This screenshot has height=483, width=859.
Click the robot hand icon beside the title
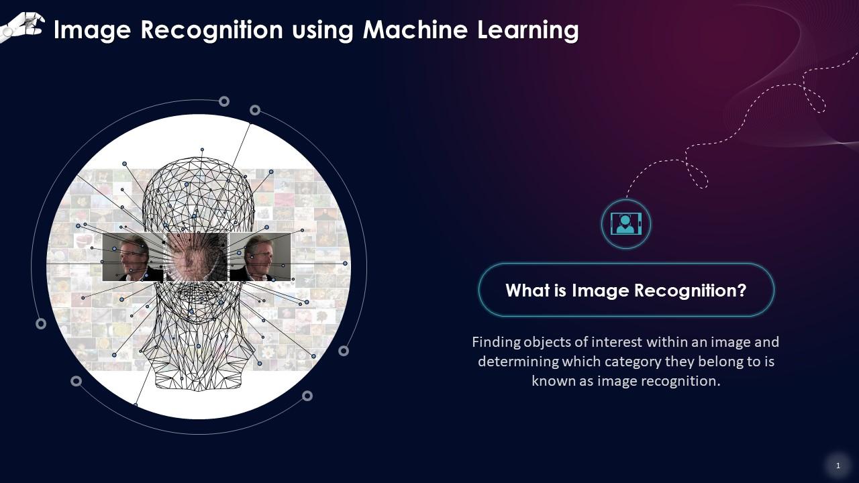pos(23,27)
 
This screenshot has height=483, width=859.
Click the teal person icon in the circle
pos(626,223)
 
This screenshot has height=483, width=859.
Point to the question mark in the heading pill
pos(742,290)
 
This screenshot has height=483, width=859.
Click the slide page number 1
pos(838,466)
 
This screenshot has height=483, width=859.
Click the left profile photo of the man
pos(132,257)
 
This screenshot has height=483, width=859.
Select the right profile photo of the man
pos(260,257)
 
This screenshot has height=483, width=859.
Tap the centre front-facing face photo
pos(196,257)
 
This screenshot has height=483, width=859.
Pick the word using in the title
pos(322,30)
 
